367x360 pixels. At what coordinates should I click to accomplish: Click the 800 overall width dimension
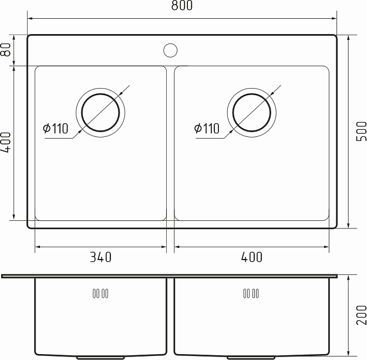click(x=183, y=6)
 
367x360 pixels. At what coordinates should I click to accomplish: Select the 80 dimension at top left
click(x=6, y=50)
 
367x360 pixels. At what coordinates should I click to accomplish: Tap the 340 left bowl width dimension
click(x=100, y=257)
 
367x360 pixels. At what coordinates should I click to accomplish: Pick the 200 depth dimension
click(x=361, y=315)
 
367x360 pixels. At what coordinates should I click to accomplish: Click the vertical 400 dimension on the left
click(x=6, y=143)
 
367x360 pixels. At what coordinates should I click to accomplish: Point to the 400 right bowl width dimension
click(x=251, y=257)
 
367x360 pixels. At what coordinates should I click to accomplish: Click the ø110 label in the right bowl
click(x=207, y=129)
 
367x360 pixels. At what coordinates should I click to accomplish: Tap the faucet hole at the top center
click(x=170, y=50)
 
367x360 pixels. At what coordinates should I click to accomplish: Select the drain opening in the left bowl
click(x=100, y=112)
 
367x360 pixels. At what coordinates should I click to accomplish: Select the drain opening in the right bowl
click(x=252, y=112)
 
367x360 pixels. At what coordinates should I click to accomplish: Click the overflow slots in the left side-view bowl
click(x=100, y=293)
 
